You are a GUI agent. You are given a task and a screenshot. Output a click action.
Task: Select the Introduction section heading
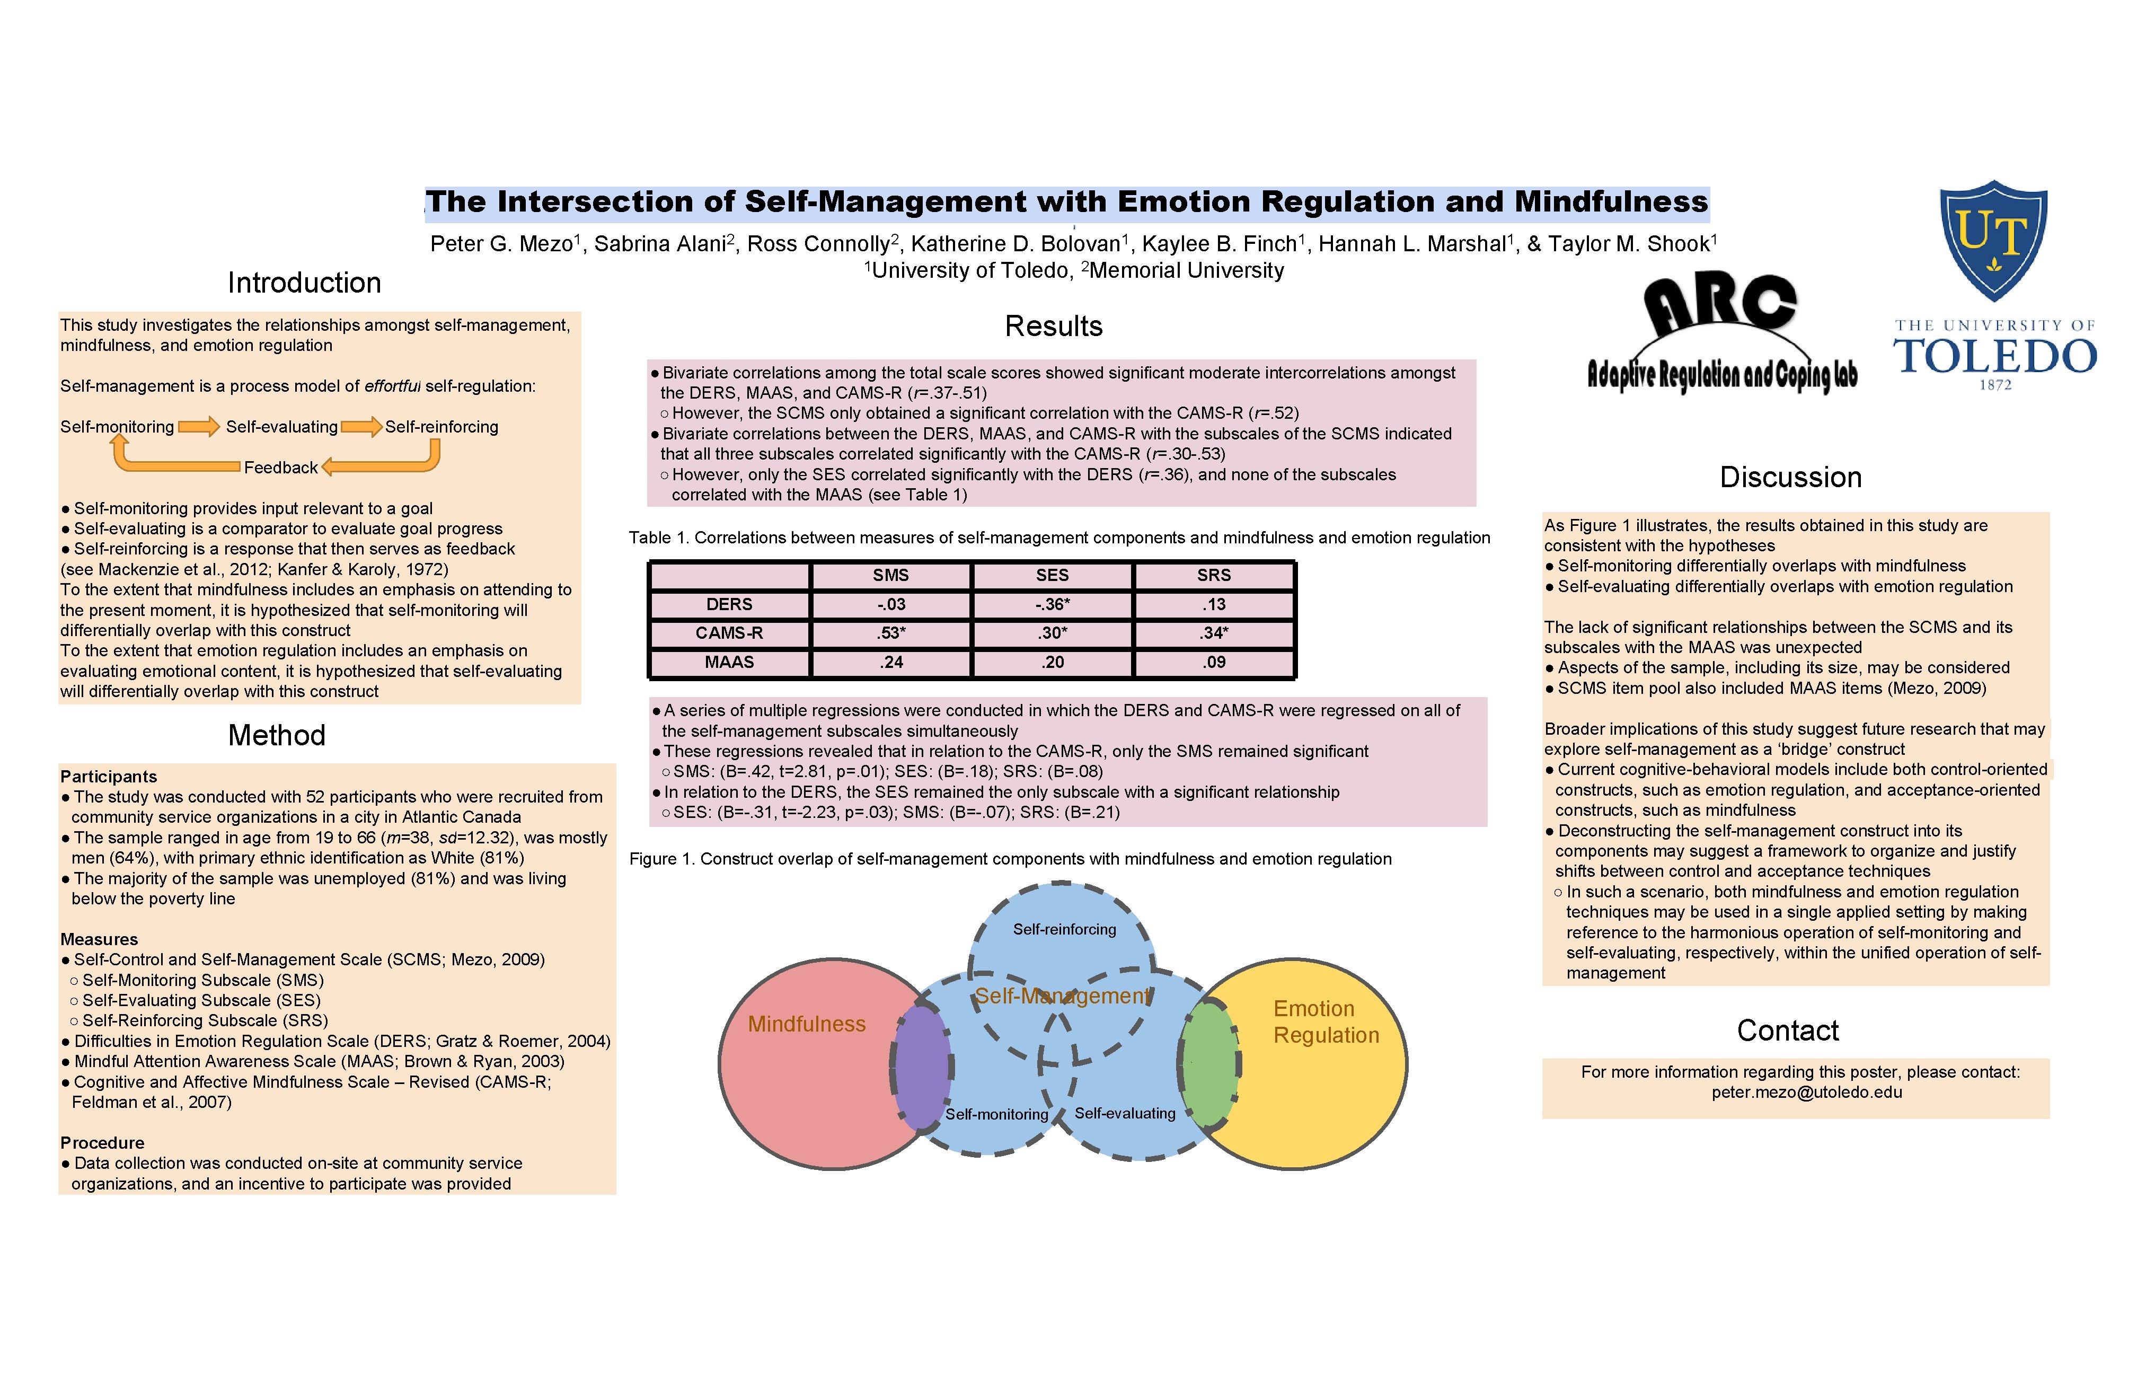(x=304, y=283)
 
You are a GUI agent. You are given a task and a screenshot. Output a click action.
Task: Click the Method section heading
(x=277, y=735)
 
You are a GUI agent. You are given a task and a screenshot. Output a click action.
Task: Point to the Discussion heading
(x=1790, y=477)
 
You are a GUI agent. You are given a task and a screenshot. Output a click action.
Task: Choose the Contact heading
(x=1787, y=1030)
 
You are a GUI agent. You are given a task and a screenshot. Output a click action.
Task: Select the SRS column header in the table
(x=1213, y=576)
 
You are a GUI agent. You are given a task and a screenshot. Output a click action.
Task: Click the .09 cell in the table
(x=1213, y=662)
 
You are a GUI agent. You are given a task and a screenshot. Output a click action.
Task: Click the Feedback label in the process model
(x=280, y=468)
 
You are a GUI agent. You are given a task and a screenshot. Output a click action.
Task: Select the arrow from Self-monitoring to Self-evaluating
(x=199, y=427)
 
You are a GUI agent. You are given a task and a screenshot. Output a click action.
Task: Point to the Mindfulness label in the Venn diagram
(x=806, y=1024)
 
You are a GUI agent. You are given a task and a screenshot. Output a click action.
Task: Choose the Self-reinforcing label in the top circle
(x=1064, y=930)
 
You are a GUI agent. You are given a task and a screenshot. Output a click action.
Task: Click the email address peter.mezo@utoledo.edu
(x=1806, y=1092)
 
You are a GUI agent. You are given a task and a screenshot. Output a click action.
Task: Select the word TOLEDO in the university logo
(x=1995, y=357)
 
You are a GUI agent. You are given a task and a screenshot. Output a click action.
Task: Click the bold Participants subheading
(x=108, y=776)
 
